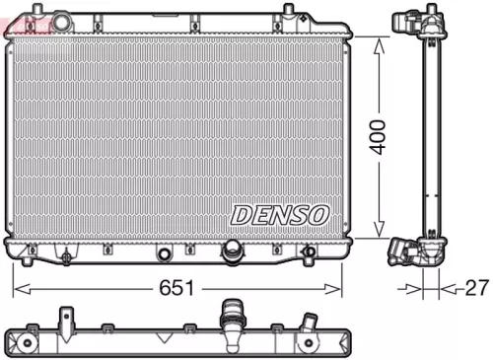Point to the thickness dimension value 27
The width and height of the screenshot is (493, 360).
click(x=476, y=288)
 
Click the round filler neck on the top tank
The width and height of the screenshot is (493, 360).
click(x=62, y=21)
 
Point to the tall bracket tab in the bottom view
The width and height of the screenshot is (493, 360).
click(x=67, y=322)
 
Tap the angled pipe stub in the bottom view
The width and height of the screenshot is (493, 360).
click(x=309, y=324)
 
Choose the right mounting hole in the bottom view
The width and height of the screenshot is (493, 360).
click(x=310, y=343)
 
